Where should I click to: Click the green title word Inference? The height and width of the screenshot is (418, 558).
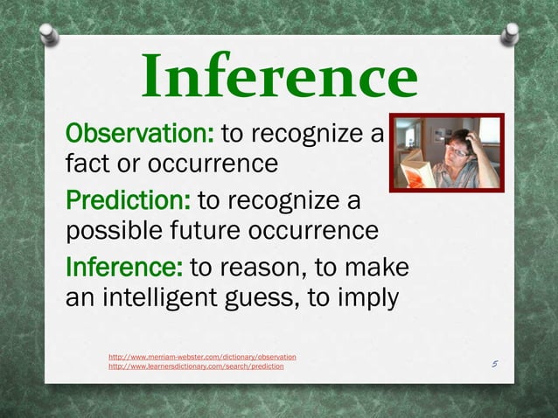279,76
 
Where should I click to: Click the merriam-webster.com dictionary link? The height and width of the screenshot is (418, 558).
201,357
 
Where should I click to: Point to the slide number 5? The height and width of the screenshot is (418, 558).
494,363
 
